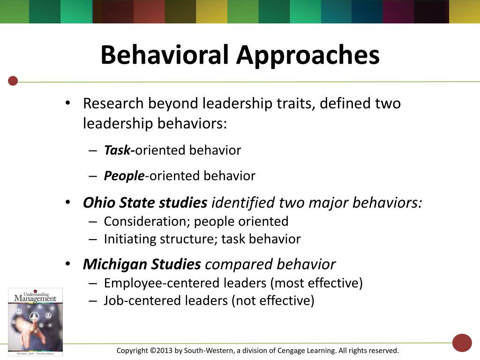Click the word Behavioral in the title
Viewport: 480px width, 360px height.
click(165, 55)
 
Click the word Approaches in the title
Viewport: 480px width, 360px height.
click(307, 56)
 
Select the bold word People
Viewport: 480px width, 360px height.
click(124, 176)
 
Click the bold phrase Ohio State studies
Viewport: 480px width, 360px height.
click(145, 203)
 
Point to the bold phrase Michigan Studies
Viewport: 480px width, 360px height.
click(142, 264)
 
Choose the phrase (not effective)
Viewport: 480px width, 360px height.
click(272, 300)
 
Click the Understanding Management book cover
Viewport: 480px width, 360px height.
click(35, 322)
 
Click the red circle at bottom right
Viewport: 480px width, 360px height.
click(462, 343)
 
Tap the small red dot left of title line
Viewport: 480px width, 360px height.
click(13, 81)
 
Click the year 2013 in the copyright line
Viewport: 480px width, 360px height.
click(164, 351)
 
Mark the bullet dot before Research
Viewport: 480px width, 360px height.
click(68, 103)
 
